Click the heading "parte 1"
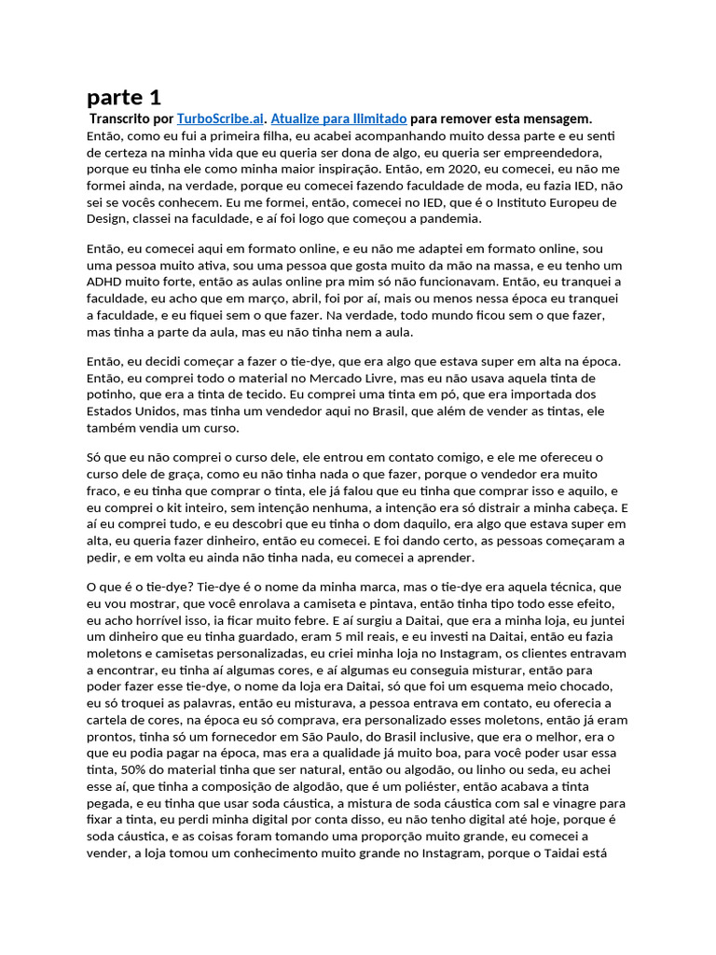[x=123, y=97]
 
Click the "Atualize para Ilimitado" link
[x=338, y=118]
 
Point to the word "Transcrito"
[x=119, y=118]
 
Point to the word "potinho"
[x=111, y=394]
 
